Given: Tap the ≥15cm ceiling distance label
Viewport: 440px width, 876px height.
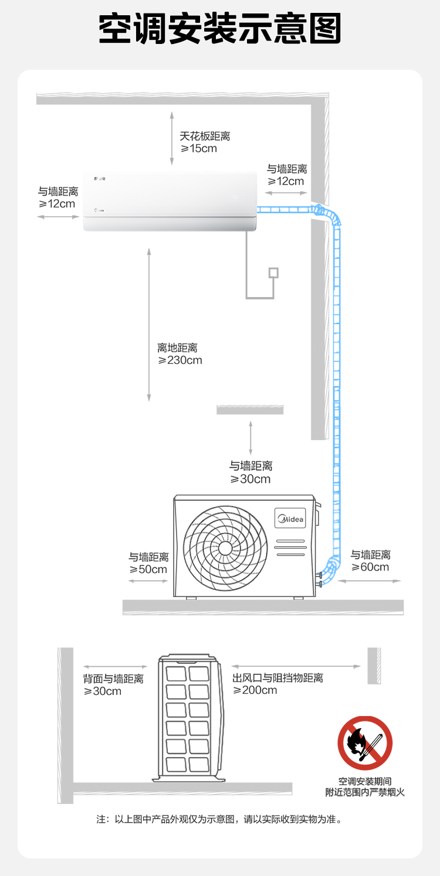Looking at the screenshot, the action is click(199, 149).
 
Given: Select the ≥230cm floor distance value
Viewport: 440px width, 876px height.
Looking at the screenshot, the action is click(180, 360).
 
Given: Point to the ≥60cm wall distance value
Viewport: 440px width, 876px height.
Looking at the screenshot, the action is click(370, 567).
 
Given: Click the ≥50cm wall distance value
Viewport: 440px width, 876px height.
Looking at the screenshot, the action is click(148, 570).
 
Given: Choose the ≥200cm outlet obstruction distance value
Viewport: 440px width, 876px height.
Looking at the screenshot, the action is click(255, 690).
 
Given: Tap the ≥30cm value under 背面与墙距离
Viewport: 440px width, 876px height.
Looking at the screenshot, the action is click(103, 691).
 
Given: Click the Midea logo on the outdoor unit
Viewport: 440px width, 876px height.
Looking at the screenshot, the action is click(291, 519).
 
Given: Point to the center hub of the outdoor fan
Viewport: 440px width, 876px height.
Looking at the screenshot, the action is click(225, 548).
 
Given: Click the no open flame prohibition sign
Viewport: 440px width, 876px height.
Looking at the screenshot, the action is click(364, 743).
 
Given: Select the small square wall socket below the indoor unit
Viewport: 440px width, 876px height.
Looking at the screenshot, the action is click(273, 272).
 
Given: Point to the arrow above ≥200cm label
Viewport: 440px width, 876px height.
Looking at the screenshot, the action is click(296, 666).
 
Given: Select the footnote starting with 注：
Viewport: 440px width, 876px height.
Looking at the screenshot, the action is click(219, 819).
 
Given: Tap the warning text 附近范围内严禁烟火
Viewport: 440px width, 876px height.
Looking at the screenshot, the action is click(365, 792).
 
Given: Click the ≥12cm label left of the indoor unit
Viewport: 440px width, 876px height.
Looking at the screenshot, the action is click(57, 204).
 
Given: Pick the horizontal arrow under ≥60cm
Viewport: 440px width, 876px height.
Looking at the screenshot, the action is click(370, 581).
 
